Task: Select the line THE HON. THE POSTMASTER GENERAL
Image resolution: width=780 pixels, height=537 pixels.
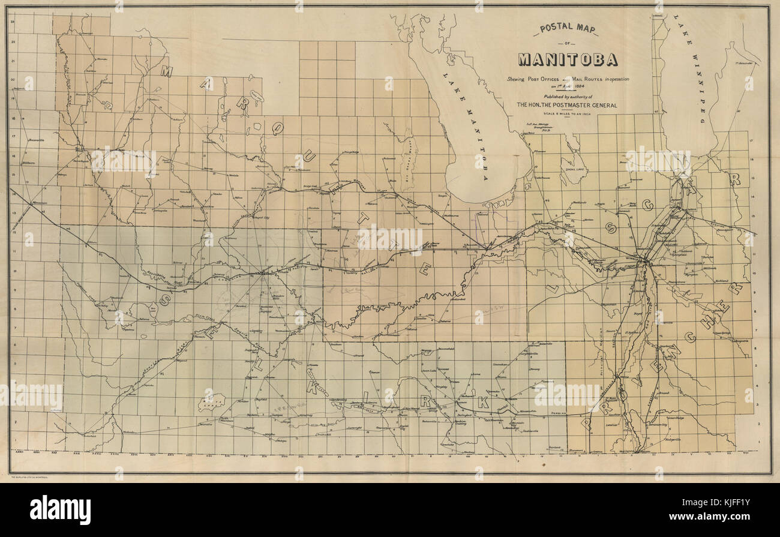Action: pos(567,105)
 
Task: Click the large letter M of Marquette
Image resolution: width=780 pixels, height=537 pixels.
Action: pos(166,71)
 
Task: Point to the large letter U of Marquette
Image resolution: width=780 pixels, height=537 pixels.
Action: pos(310,157)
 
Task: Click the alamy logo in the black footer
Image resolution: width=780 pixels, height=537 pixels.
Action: pos(60,509)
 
